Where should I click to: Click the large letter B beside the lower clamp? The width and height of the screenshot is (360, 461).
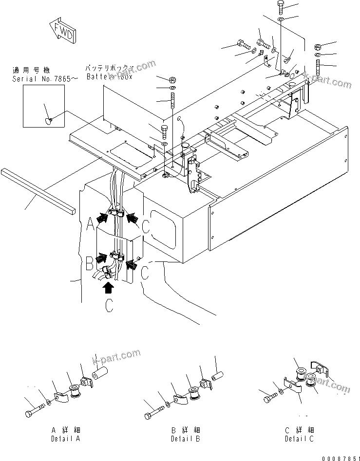pos(90,265)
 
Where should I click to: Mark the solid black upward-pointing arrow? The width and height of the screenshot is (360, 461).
pos(109,288)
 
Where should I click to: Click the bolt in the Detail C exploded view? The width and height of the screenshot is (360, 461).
pos(269,399)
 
